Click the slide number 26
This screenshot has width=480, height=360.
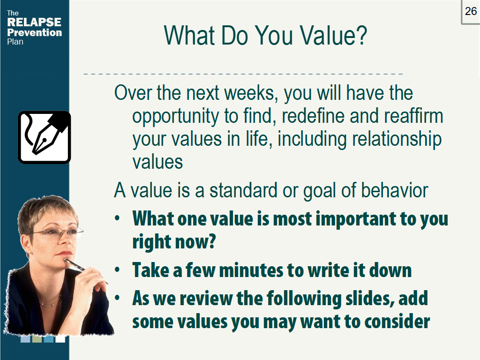click(x=471, y=11)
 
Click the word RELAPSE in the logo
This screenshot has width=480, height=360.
click(x=34, y=22)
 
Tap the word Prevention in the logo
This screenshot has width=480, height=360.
click(x=35, y=32)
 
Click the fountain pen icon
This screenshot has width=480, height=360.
click(x=44, y=137)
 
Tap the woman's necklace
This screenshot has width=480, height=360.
click(x=49, y=302)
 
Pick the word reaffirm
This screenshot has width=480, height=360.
click(x=407, y=116)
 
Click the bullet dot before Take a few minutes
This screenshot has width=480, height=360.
click(x=119, y=270)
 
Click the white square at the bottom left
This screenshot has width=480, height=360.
click(x=60, y=339)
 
